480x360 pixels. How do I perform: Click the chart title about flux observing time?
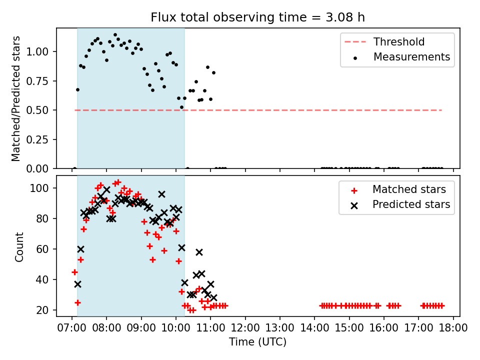pyautogui.click(x=258, y=17)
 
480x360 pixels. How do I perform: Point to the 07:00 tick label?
pyautogui.click(x=72, y=327)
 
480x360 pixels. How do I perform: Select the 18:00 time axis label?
pyautogui.click(x=453, y=327)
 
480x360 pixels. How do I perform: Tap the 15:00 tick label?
pyautogui.click(x=349, y=327)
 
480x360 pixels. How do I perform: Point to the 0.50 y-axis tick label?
pyautogui.click(x=37, y=110)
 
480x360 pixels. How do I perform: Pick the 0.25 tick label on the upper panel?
pyautogui.click(x=37, y=139)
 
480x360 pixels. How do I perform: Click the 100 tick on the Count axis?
pyautogui.click(x=40, y=188)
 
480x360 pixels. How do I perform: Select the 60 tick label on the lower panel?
pyautogui.click(x=42, y=249)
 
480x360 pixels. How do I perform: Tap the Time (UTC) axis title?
pyautogui.click(x=258, y=341)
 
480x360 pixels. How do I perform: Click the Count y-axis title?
pyautogui.click(x=19, y=246)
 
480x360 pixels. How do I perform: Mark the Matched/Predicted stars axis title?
pyautogui.click(x=15, y=98)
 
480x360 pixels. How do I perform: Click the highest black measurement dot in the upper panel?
pyautogui.click(x=115, y=35)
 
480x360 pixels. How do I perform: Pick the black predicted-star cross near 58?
pyautogui.click(x=199, y=252)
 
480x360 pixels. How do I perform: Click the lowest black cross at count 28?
pyautogui.click(x=213, y=297)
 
